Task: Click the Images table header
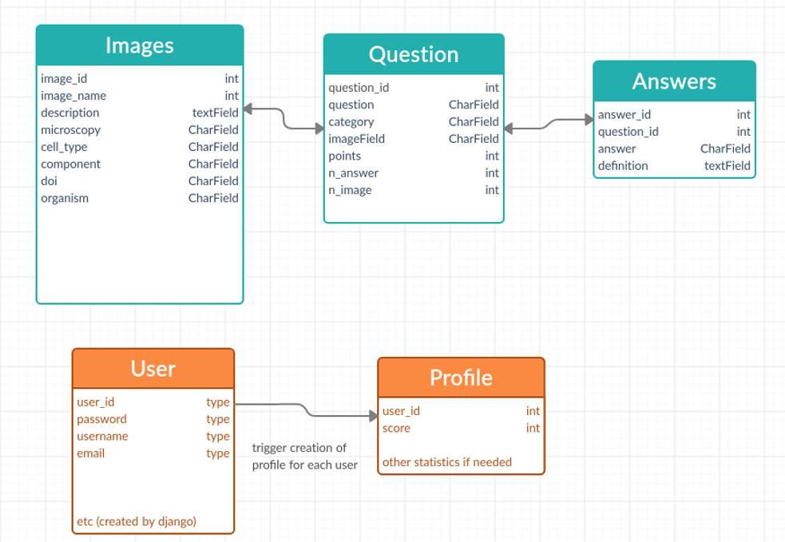point(140,45)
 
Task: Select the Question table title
point(414,54)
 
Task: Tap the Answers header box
point(674,81)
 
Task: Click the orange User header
point(153,369)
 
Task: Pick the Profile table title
point(461,378)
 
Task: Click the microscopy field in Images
point(71,129)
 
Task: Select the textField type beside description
point(215,113)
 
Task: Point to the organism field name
point(65,198)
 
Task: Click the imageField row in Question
point(356,139)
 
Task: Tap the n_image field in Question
point(350,190)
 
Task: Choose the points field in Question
point(344,156)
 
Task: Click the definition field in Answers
point(623,165)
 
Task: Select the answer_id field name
point(624,114)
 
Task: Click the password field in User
point(101,419)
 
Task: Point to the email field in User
point(90,453)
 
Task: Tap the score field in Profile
point(396,428)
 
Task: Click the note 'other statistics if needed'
point(447,462)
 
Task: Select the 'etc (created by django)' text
point(137,521)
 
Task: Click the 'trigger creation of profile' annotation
point(304,457)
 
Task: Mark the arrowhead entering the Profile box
point(373,416)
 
